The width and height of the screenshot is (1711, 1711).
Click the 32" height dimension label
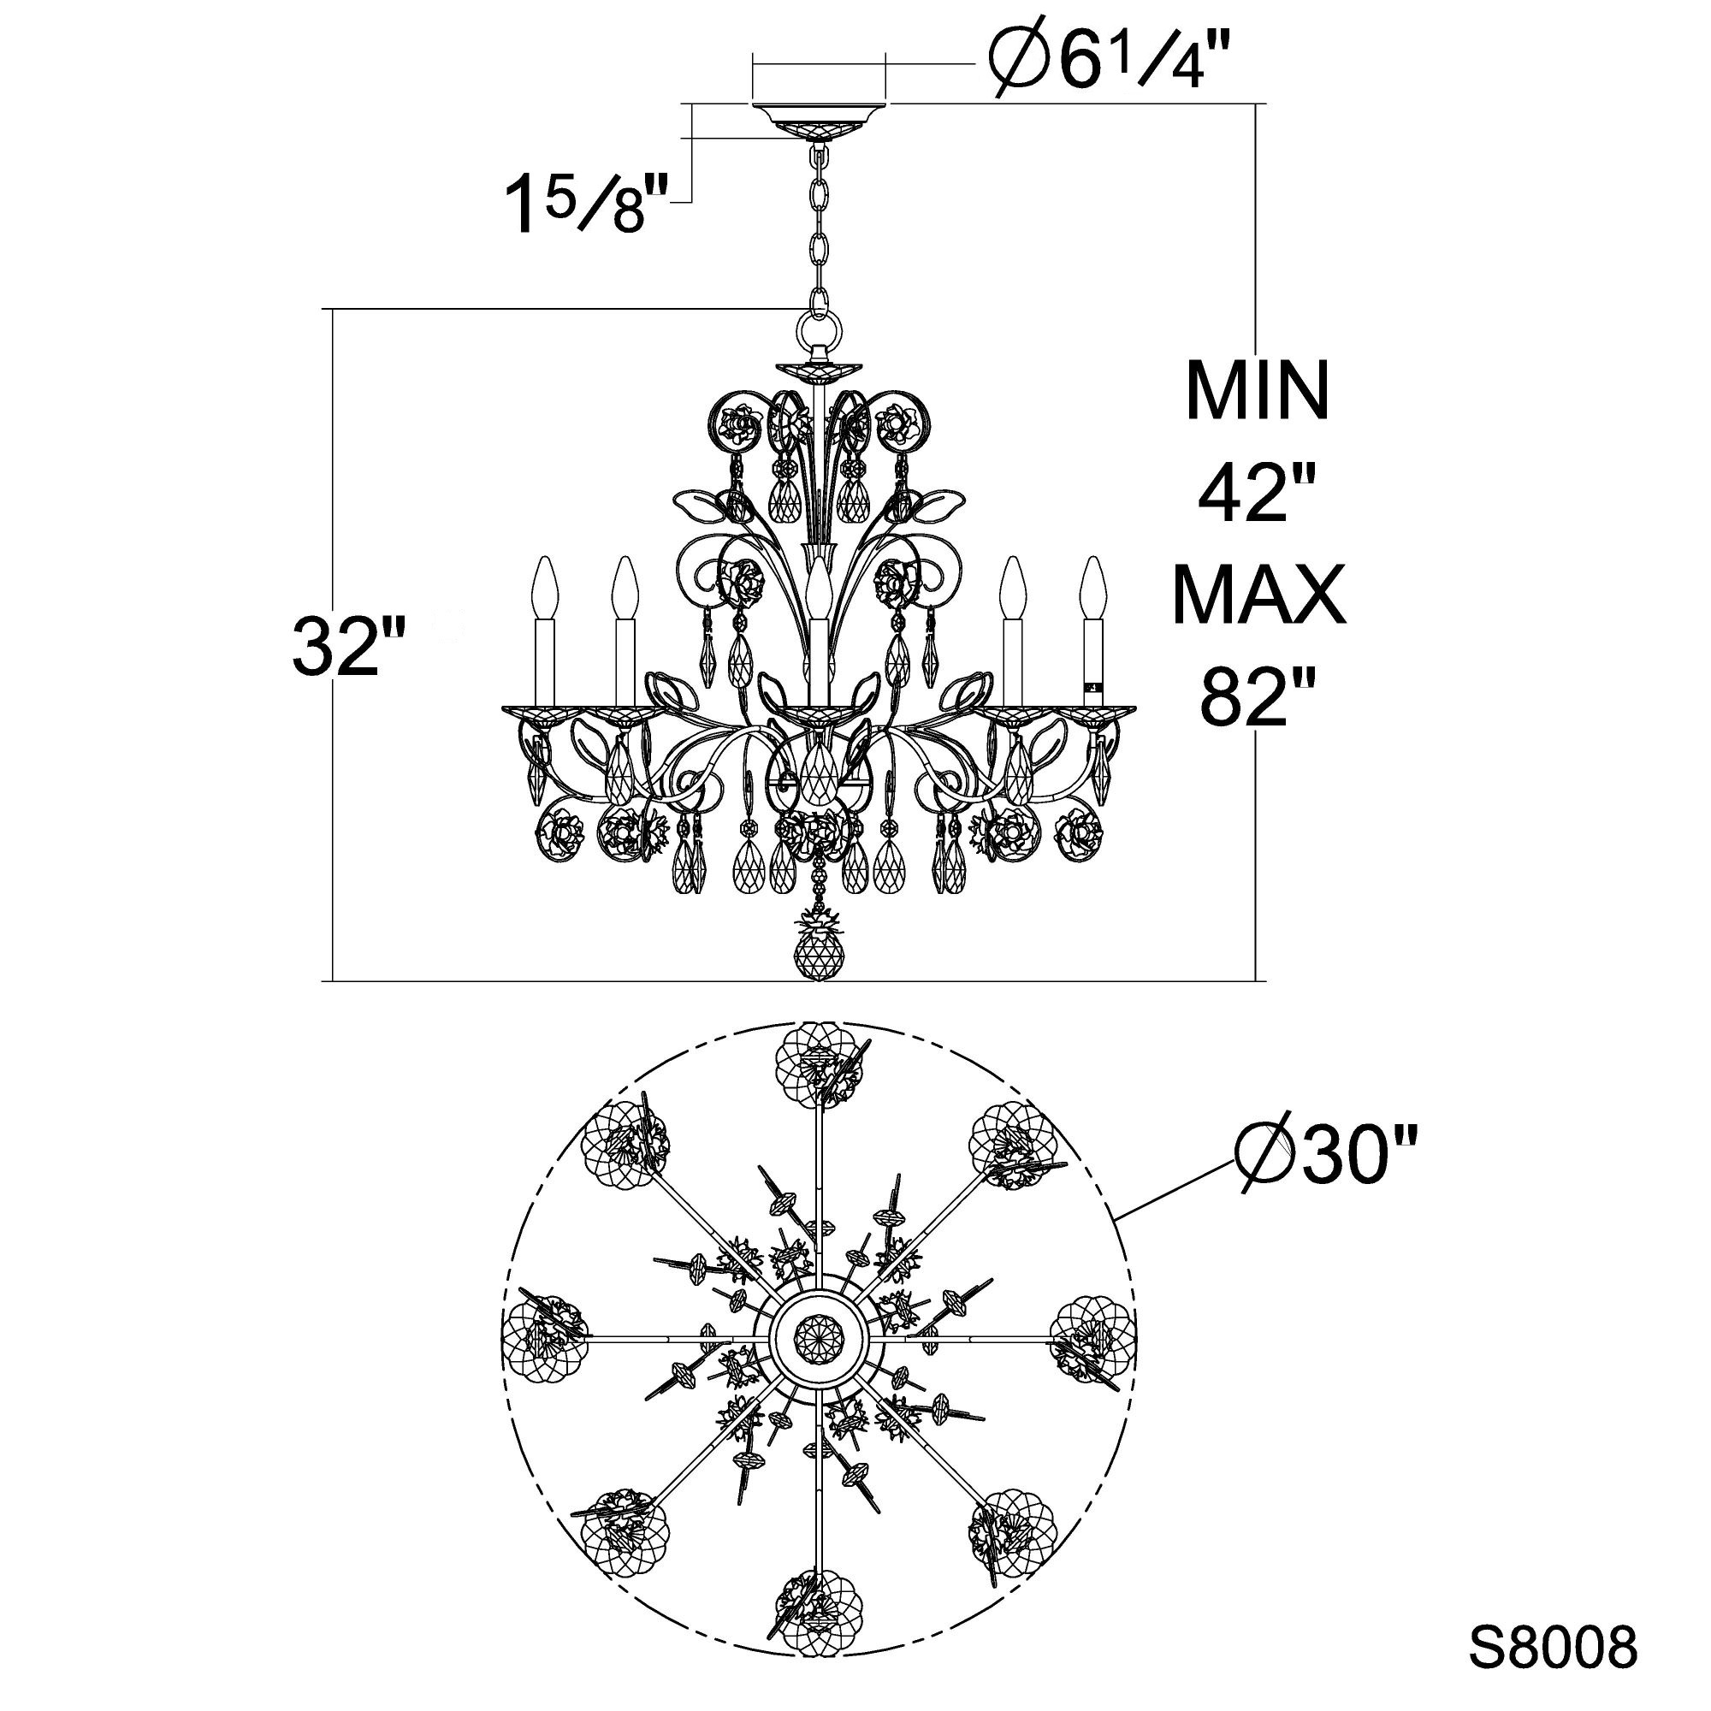point(349,646)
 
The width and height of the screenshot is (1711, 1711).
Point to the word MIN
point(1258,389)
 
